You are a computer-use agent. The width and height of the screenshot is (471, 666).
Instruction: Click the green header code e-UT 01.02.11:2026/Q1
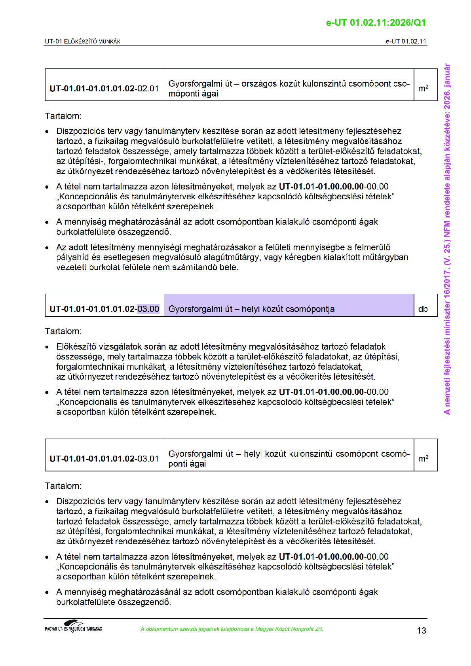[376, 23]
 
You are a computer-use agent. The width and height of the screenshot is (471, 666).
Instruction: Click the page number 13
[422, 630]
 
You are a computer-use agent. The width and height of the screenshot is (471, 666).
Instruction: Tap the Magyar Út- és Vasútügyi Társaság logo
[74, 627]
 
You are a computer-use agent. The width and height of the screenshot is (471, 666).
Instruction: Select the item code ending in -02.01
[104, 89]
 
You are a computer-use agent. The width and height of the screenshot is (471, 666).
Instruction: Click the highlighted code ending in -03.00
[148, 309]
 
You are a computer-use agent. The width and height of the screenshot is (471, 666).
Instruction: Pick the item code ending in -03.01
[104, 459]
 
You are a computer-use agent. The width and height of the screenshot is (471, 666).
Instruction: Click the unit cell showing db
[423, 309]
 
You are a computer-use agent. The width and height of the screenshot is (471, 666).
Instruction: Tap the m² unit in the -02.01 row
[423, 89]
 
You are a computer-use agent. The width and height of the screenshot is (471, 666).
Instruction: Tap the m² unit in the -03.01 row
[423, 459]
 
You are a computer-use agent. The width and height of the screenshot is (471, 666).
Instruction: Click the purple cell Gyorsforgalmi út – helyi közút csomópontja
[251, 309]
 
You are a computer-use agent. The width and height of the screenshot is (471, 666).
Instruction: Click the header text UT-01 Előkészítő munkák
[83, 41]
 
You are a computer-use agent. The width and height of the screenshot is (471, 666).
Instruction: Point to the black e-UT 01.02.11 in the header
[406, 41]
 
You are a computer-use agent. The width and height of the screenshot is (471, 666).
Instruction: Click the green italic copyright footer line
[232, 629]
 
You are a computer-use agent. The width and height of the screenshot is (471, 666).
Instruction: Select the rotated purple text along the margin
[447, 239]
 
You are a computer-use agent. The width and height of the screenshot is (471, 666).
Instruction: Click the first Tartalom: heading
[63, 116]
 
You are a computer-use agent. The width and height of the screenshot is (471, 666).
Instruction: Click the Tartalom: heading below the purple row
[63, 331]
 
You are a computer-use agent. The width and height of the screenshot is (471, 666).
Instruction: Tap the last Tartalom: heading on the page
[63, 486]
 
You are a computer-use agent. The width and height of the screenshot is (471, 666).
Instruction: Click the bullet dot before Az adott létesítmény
[47, 248]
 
